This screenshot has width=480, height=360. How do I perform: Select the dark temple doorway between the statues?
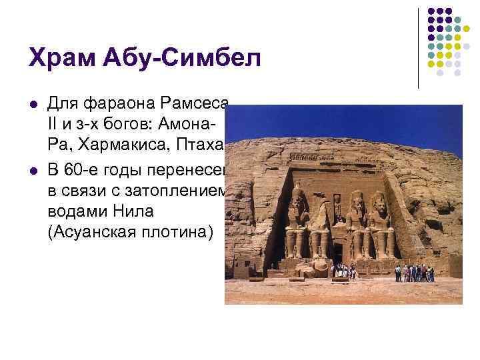(338, 252)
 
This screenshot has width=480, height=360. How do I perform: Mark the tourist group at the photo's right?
(414, 273)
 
